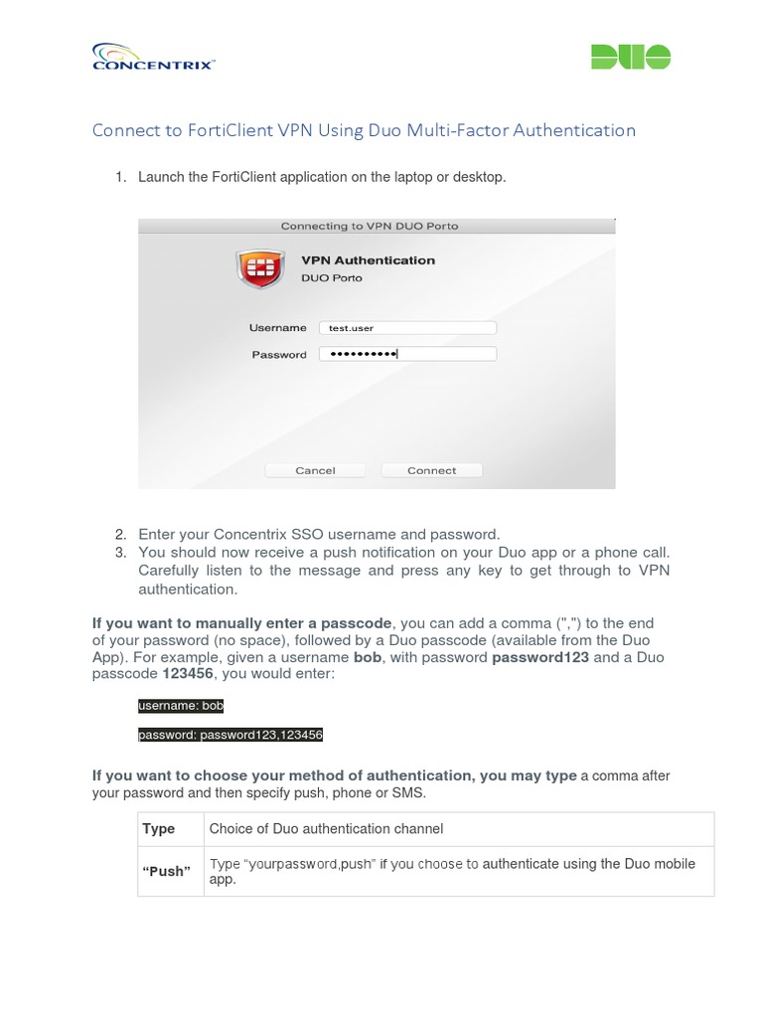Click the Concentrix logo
tap(153, 57)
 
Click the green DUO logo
tap(631, 57)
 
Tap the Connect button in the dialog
tap(432, 470)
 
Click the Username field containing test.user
tap(407, 327)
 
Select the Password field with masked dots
tap(407, 354)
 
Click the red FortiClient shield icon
tap(258, 268)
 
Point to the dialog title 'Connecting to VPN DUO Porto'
tap(370, 226)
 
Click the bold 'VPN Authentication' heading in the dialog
tap(368, 260)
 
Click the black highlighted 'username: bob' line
tap(181, 706)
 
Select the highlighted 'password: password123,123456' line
tap(230, 736)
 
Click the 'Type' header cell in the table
tap(159, 828)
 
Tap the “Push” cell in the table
tap(167, 871)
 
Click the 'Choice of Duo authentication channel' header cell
tap(326, 828)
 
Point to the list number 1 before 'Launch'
tap(119, 177)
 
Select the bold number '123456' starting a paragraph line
tap(188, 674)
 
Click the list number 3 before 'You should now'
tap(119, 552)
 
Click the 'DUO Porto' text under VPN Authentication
tap(332, 278)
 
